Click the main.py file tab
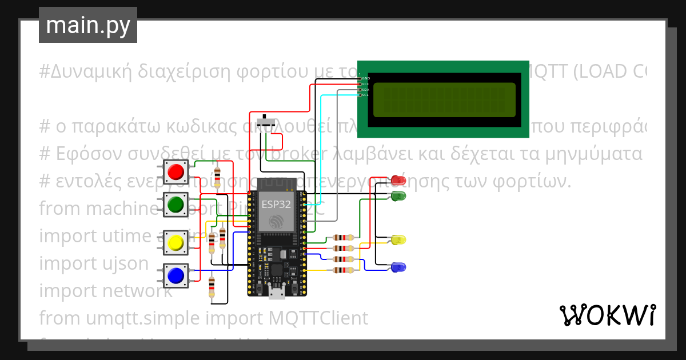pyautogui.click(x=87, y=25)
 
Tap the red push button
pyautogui.click(x=176, y=171)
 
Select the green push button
pyautogui.click(x=176, y=204)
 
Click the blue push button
pyautogui.click(x=176, y=275)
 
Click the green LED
pyautogui.click(x=398, y=197)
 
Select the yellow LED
pyautogui.click(x=398, y=239)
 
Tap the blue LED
pyautogui.click(x=398, y=267)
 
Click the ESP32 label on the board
pyautogui.click(x=276, y=204)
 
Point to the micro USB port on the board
pyautogui.click(x=277, y=294)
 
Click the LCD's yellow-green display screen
pyautogui.click(x=444, y=99)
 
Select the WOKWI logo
pyautogui.click(x=607, y=315)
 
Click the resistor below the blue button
pyautogui.click(x=212, y=287)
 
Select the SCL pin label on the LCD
pyautogui.click(x=365, y=95)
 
